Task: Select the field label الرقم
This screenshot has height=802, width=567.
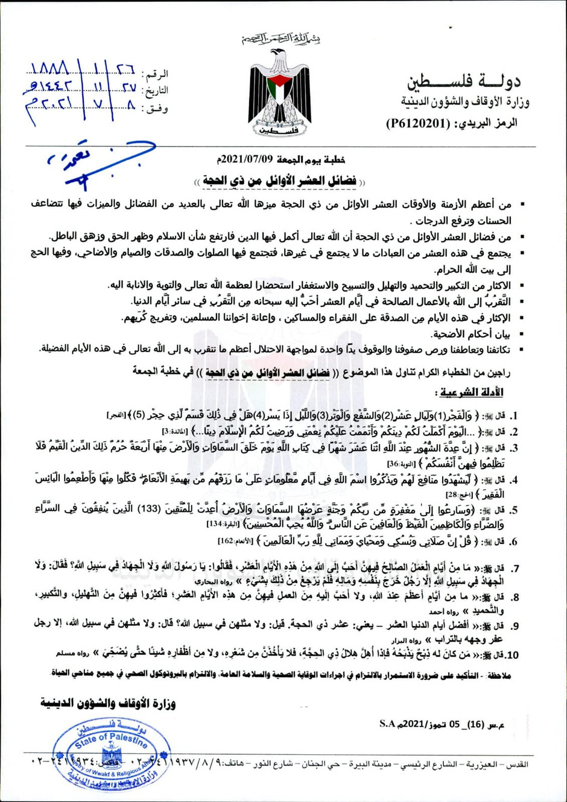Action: click(x=155, y=74)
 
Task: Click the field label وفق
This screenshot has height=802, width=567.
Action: click(x=156, y=109)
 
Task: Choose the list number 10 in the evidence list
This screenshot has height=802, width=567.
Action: click(x=511, y=655)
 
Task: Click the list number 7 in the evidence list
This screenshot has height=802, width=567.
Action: click(x=515, y=569)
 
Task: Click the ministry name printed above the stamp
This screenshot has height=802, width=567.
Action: click(x=108, y=703)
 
